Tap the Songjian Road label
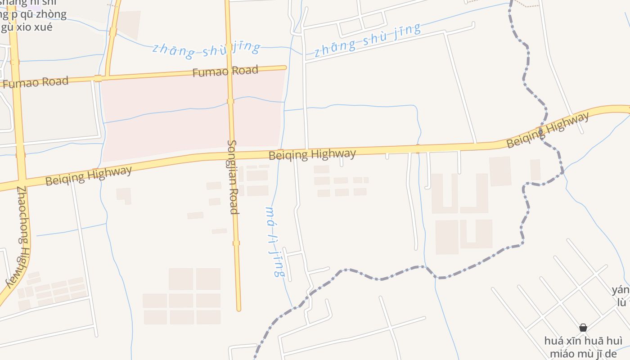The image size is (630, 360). click(232, 177)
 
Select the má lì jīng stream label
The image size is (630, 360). click(275, 242)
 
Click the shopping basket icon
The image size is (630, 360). click(583, 328)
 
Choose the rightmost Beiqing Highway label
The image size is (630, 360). click(548, 130)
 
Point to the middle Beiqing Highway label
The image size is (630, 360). click(312, 155)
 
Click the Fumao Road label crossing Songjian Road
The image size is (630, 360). click(225, 71)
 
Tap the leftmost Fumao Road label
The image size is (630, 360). click(36, 82)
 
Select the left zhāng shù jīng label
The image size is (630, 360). click(206, 49)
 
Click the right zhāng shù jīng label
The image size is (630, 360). click(367, 40)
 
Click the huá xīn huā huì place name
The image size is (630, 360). click(583, 341)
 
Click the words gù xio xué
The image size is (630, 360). click(27, 27)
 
